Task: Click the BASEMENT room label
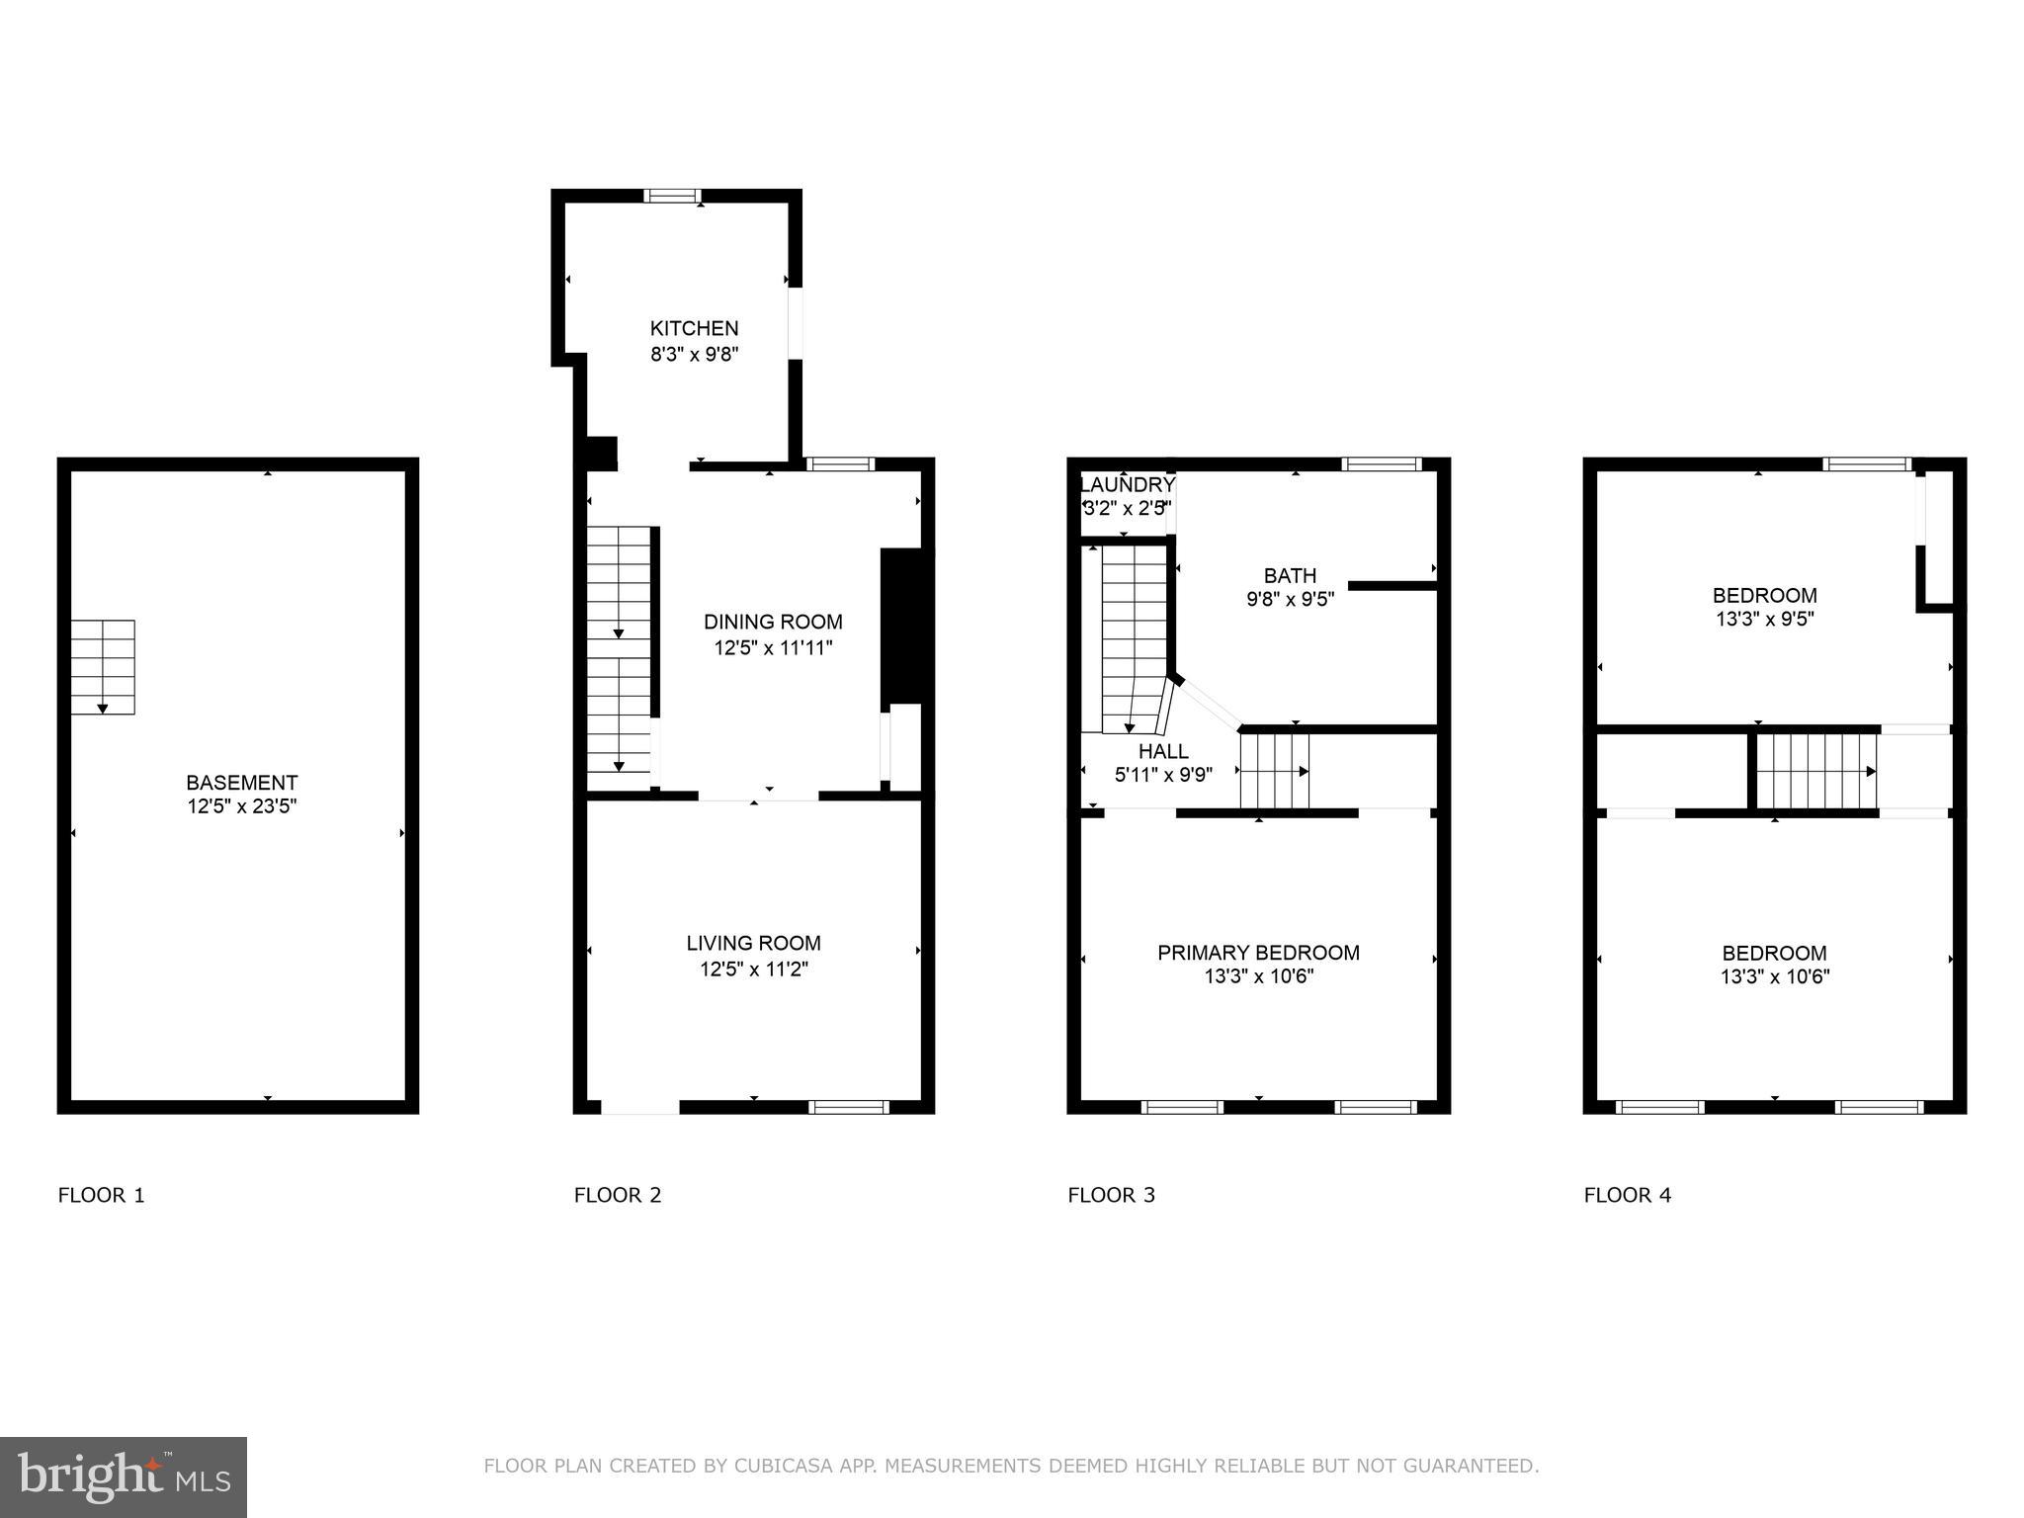242,783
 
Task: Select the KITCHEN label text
694,328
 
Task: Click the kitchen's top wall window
672,196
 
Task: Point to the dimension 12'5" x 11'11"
773,648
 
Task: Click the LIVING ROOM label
753,943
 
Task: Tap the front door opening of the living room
640,1107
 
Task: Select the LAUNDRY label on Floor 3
1127,485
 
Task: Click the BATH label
1290,575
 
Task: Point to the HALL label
1163,751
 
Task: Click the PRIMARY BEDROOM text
1258,953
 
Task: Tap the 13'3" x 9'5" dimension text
1764,620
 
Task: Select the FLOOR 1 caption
102,1195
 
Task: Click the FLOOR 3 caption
1111,1195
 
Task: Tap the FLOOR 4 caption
1627,1195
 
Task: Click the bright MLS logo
124,1476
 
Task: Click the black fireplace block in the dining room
906,627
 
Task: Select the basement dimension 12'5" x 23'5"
242,806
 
